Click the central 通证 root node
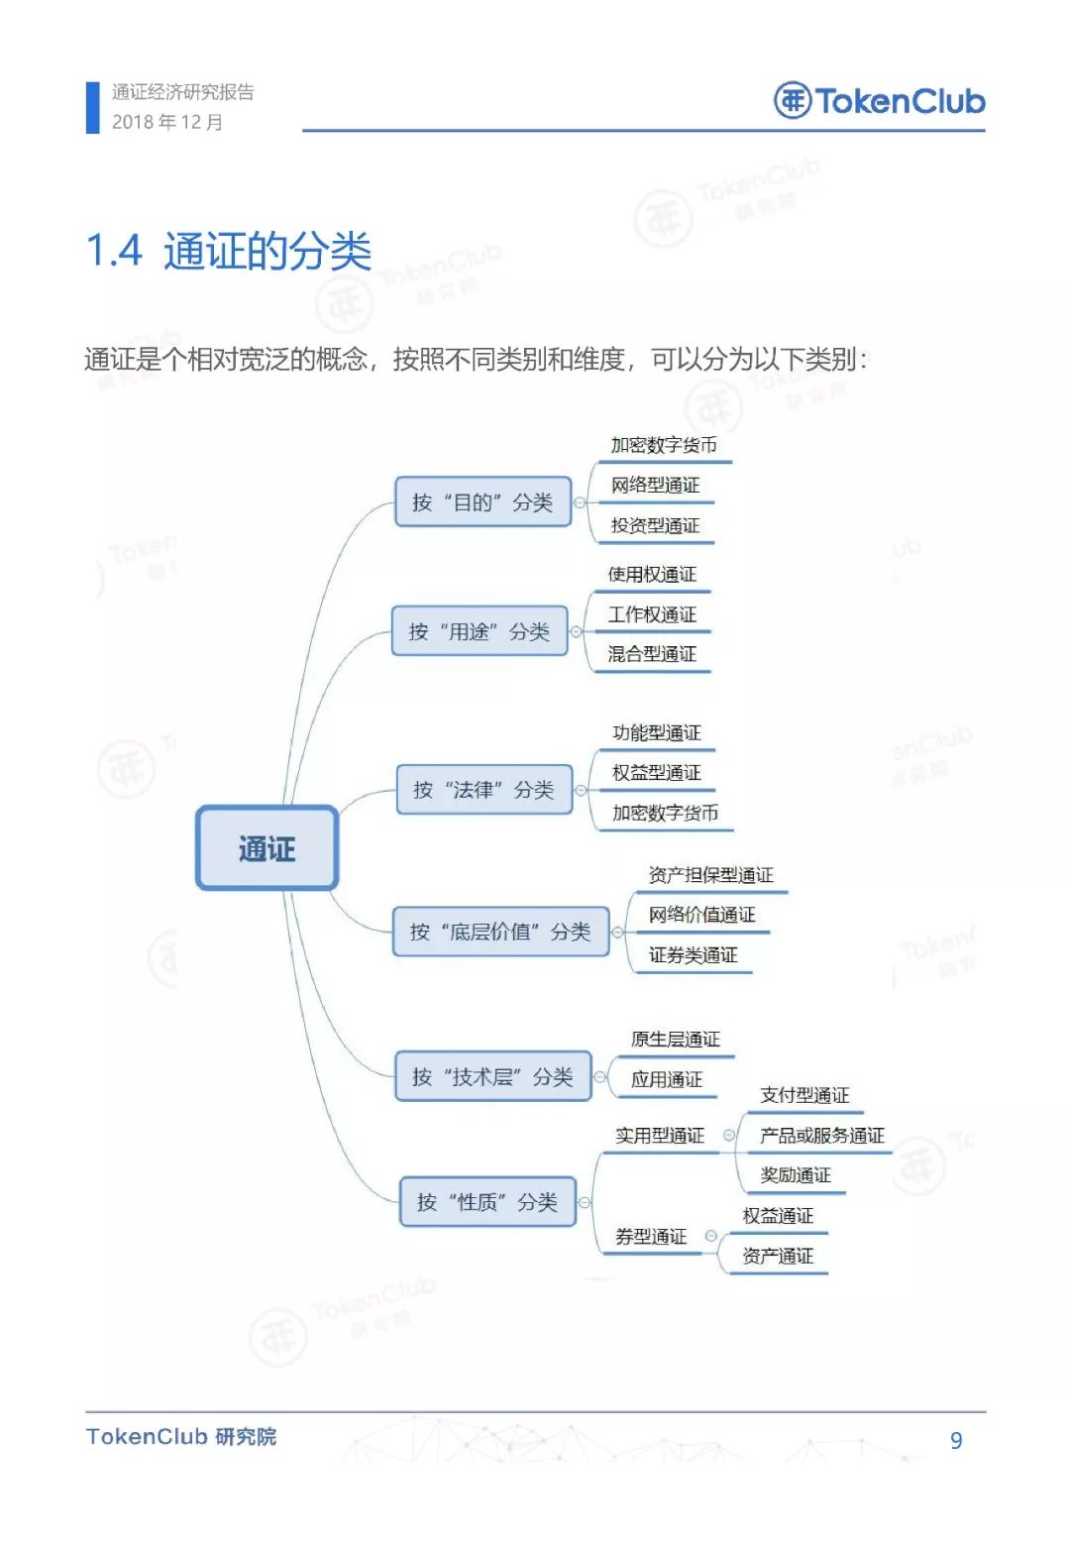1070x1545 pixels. (x=267, y=847)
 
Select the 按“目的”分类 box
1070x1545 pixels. (x=482, y=501)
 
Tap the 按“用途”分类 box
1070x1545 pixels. (x=480, y=630)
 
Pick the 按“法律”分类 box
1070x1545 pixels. (x=484, y=789)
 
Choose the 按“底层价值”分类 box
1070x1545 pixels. (x=500, y=932)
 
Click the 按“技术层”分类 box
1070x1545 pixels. (x=493, y=1076)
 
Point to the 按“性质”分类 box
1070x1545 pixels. (x=487, y=1201)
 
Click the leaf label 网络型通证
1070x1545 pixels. (x=655, y=486)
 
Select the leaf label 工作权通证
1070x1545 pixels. (x=652, y=614)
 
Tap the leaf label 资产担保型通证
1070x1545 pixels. (x=710, y=875)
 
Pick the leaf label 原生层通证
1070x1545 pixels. (x=675, y=1040)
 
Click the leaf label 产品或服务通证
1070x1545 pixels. (x=821, y=1136)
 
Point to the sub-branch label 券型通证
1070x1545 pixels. (x=651, y=1236)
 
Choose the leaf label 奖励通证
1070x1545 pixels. (x=796, y=1174)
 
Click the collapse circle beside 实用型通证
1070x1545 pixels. (x=729, y=1135)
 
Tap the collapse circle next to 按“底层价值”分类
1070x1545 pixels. (x=618, y=933)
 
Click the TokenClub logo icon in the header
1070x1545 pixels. (x=793, y=101)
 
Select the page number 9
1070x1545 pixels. (x=956, y=1440)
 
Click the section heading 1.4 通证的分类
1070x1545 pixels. (x=229, y=250)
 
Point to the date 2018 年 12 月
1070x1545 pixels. (x=166, y=122)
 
